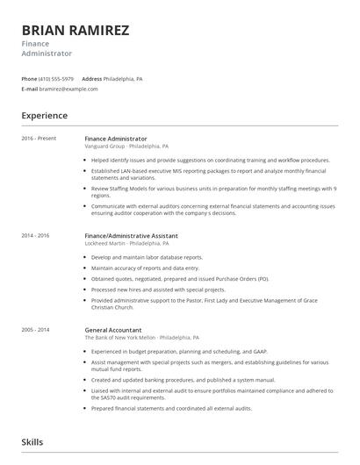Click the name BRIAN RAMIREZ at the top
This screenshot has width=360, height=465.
click(76, 31)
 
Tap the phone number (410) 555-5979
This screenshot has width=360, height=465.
click(56, 78)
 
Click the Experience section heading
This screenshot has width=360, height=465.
click(44, 115)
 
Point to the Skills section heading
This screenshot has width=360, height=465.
click(32, 442)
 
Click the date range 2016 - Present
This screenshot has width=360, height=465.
click(38, 139)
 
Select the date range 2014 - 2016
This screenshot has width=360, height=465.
click(35, 236)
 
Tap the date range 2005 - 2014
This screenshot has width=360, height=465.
click(35, 330)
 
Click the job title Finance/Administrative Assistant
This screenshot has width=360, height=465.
click(131, 236)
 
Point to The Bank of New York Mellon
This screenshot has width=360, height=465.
click(120, 337)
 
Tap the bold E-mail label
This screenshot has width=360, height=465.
click(30, 89)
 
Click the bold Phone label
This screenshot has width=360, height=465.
click(29, 78)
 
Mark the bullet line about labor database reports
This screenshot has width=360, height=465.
click(147, 257)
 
